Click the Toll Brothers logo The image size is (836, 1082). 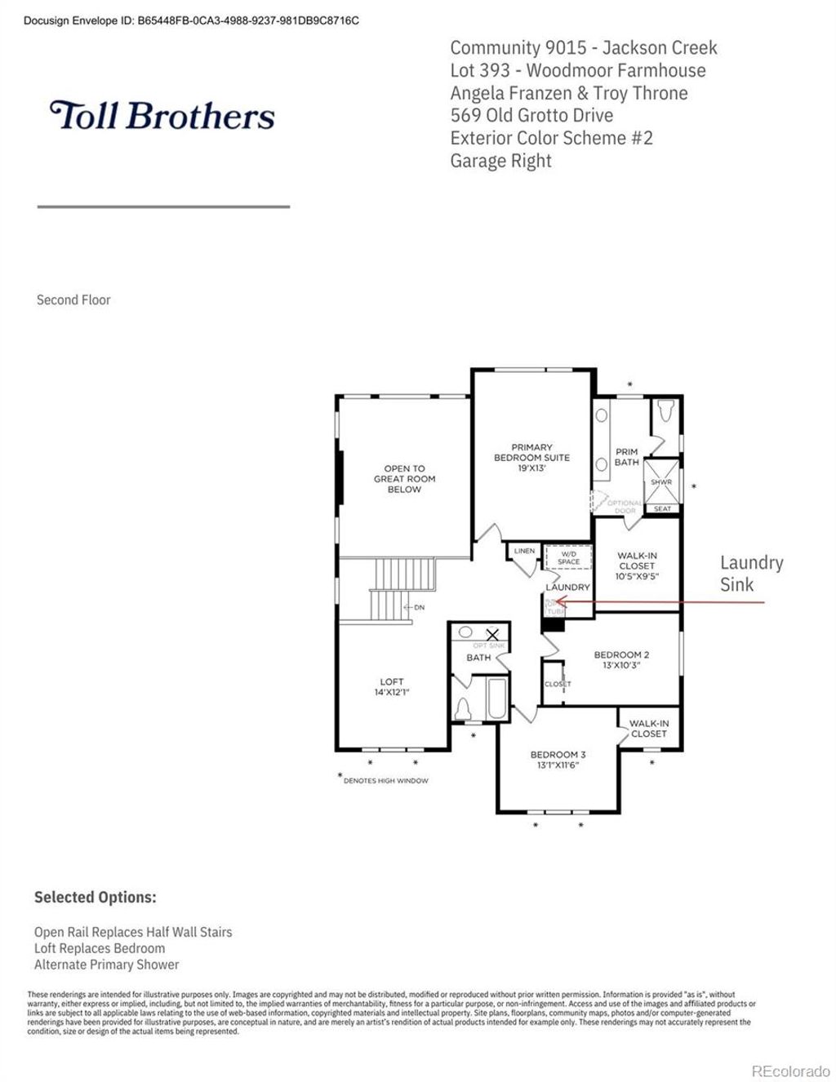pos(162,116)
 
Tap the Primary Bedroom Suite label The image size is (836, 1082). pos(531,458)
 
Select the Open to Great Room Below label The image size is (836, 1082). pos(404,479)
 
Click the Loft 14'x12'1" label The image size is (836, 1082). pos(392,686)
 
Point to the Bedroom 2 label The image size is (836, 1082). pos(621,659)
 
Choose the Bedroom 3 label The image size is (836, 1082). pos(558,760)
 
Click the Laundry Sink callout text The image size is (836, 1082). pos(750,574)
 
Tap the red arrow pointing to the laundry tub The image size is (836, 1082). pos(661,603)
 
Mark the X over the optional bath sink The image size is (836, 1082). pos(492,634)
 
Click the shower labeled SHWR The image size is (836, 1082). pos(661,482)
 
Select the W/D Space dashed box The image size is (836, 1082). pos(568,557)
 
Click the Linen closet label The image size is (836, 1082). pos(524,552)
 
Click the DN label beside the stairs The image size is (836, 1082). pos(419,607)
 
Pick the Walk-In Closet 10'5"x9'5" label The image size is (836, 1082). pos(636,565)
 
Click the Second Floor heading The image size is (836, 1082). pos(73,299)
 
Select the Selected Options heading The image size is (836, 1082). pos(95,897)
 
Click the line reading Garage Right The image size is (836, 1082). pos(500,161)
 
